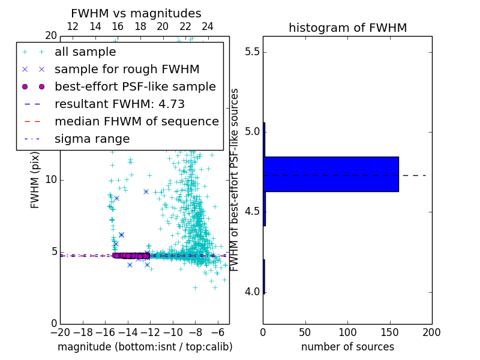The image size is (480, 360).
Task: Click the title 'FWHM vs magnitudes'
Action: point(136,13)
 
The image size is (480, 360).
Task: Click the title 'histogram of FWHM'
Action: point(347,28)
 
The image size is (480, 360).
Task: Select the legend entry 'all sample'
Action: point(85,52)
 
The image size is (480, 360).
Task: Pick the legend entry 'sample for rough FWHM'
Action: point(127,70)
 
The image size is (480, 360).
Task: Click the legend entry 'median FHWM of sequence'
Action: point(136,122)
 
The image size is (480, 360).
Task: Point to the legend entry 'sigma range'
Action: point(92,139)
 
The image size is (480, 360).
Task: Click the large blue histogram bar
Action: point(331,174)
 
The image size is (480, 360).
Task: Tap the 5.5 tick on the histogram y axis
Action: point(251,52)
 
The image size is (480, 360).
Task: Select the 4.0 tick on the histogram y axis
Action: point(251,292)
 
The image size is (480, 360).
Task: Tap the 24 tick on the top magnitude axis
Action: point(208,26)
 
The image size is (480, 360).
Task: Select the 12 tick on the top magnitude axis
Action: point(73,26)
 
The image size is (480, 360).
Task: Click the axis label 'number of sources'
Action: point(347,347)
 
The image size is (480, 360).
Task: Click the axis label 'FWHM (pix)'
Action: point(35,179)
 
